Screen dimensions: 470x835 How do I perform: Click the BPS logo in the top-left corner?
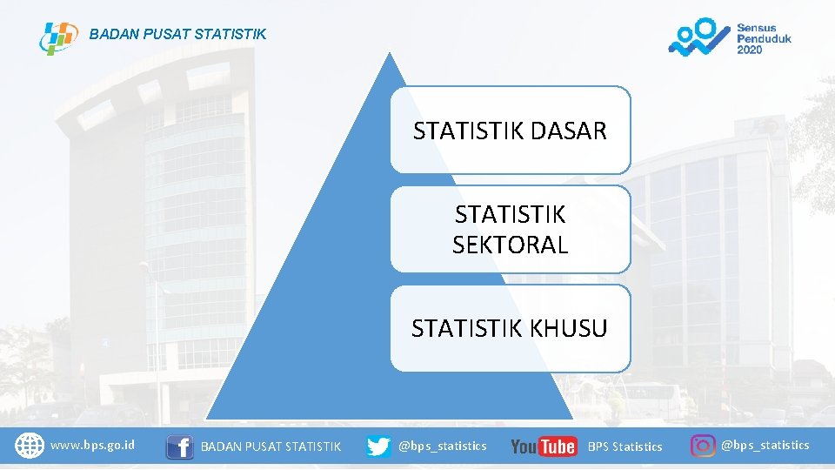[x=58, y=37]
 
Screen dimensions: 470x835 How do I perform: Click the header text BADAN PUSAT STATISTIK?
[x=178, y=35]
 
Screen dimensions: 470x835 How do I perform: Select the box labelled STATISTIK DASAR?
[x=510, y=131]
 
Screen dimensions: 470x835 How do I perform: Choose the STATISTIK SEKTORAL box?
[x=510, y=230]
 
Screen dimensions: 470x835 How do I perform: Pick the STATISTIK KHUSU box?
[x=510, y=328]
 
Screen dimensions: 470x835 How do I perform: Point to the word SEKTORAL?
[x=510, y=245]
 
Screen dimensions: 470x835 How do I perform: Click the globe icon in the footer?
[x=30, y=446]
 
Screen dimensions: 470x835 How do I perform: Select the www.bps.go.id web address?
[x=93, y=446]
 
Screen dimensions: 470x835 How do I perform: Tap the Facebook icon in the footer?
[x=180, y=446]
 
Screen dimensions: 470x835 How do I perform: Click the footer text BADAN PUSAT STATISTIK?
[x=271, y=446]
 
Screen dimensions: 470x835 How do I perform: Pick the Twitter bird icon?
[x=378, y=446]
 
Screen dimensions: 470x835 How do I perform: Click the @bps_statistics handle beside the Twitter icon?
[x=442, y=446]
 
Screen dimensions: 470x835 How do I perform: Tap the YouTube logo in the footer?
[x=544, y=446]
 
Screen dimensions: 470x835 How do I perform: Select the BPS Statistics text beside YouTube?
[x=625, y=446]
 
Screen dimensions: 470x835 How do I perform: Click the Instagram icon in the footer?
[x=703, y=446]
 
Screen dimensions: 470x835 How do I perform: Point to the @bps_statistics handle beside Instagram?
[x=765, y=446]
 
